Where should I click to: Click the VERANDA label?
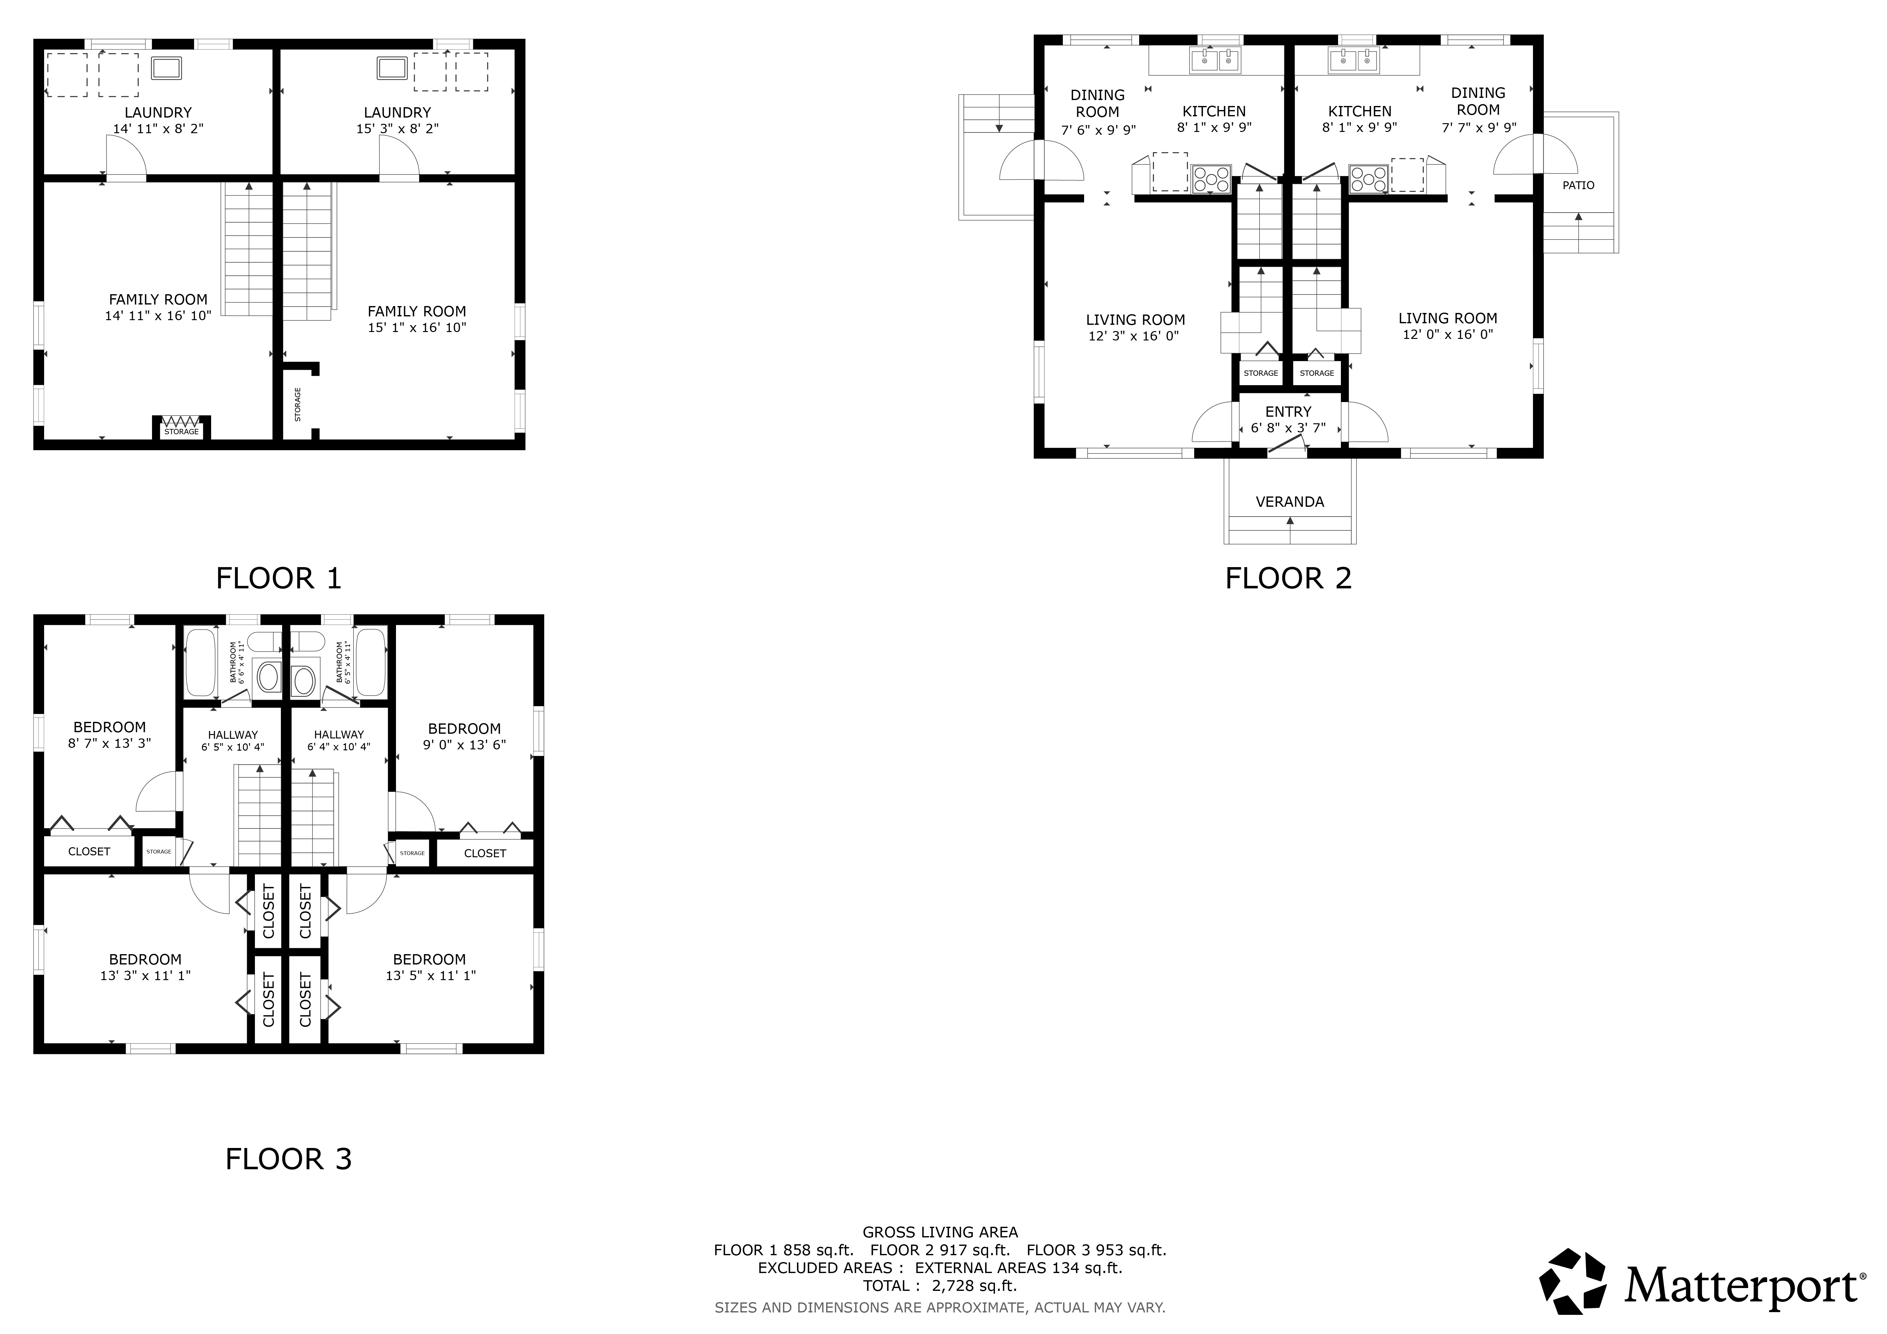tap(1290, 502)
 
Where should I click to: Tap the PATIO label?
tap(1578, 186)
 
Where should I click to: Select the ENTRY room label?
tap(1288, 411)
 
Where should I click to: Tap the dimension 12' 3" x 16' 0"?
tap(1134, 336)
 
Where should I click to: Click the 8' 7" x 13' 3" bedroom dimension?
tap(109, 743)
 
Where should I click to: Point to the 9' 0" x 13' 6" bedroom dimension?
tap(464, 745)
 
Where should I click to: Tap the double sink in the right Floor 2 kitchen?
tap(1354, 61)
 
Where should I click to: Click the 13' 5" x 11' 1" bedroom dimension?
tap(431, 976)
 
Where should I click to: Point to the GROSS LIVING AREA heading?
tap(940, 1232)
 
